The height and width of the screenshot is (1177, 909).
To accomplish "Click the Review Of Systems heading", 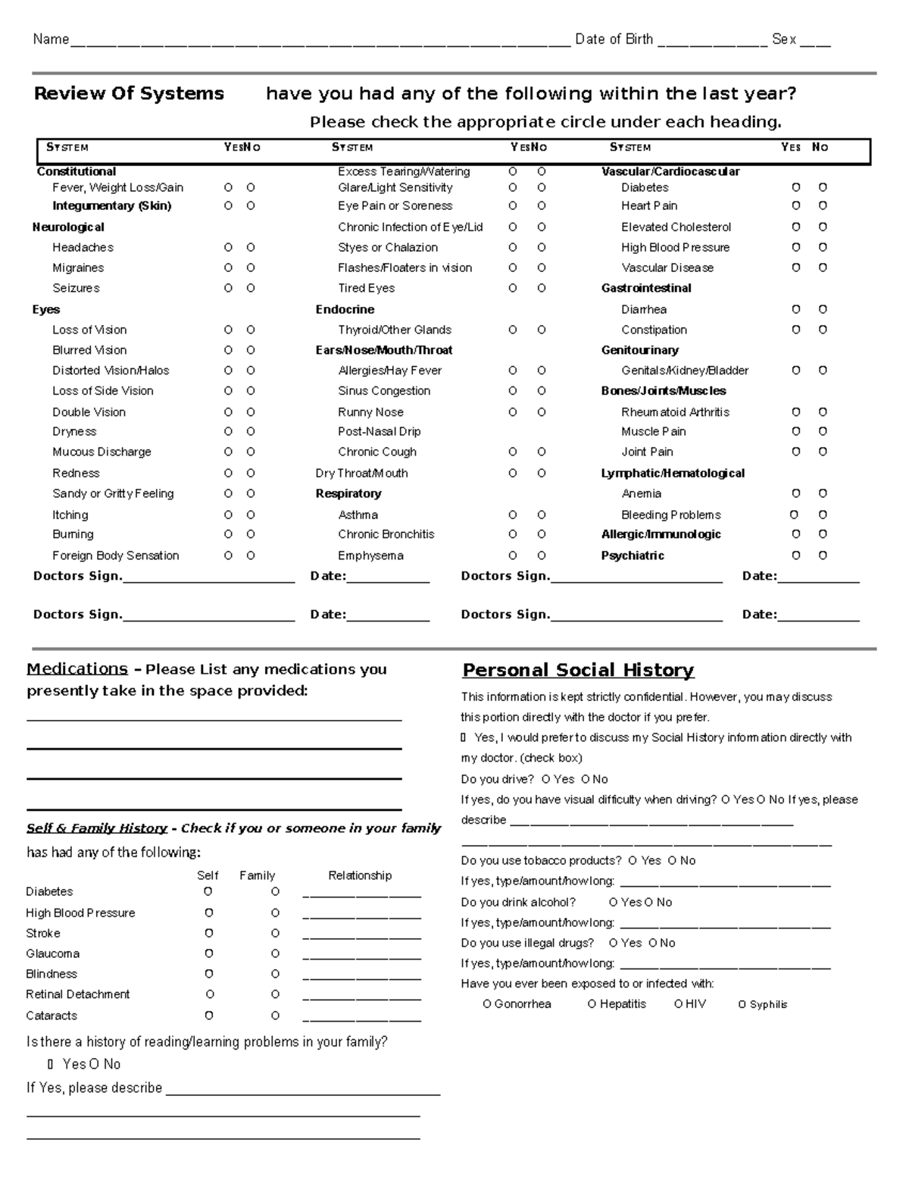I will pyautogui.click(x=129, y=94).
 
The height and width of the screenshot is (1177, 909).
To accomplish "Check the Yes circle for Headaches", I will pyautogui.click(x=228, y=248).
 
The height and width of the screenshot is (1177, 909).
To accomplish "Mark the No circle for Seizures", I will pyautogui.click(x=251, y=289).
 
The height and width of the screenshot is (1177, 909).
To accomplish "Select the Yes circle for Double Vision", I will pyautogui.click(x=228, y=412).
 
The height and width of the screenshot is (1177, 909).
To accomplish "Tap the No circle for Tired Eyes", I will pyautogui.click(x=542, y=289).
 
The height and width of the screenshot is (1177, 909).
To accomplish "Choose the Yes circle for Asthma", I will pyautogui.click(x=513, y=515).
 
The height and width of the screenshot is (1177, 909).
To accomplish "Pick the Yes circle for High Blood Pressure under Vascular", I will pyautogui.click(x=796, y=248).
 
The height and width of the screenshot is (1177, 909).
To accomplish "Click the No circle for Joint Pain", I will pyautogui.click(x=823, y=452).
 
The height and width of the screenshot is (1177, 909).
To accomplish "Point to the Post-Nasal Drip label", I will pyautogui.click(x=379, y=432).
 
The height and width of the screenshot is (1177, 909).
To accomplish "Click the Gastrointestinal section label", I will pyautogui.click(x=646, y=289).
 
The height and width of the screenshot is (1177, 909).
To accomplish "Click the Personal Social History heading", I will pyautogui.click(x=578, y=671).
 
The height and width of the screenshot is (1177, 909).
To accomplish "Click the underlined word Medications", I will pyautogui.click(x=77, y=669).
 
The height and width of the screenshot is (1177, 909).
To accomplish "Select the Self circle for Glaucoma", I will pyautogui.click(x=208, y=954).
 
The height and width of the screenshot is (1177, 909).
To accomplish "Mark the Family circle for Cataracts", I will pyautogui.click(x=275, y=1016).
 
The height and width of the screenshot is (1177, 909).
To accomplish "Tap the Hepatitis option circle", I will pyautogui.click(x=592, y=1005).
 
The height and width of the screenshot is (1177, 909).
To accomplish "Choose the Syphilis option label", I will pyautogui.click(x=768, y=1005).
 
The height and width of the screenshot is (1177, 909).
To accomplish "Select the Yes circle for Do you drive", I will pyautogui.click(x=546, y=780).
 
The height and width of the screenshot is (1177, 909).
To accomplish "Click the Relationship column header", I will pyautogui.click(x=360, y=876).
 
